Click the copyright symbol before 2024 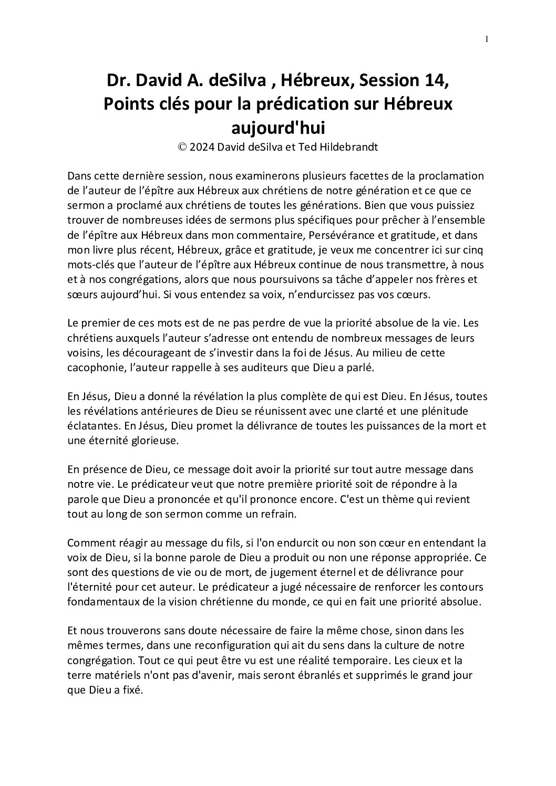pos(182,148)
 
